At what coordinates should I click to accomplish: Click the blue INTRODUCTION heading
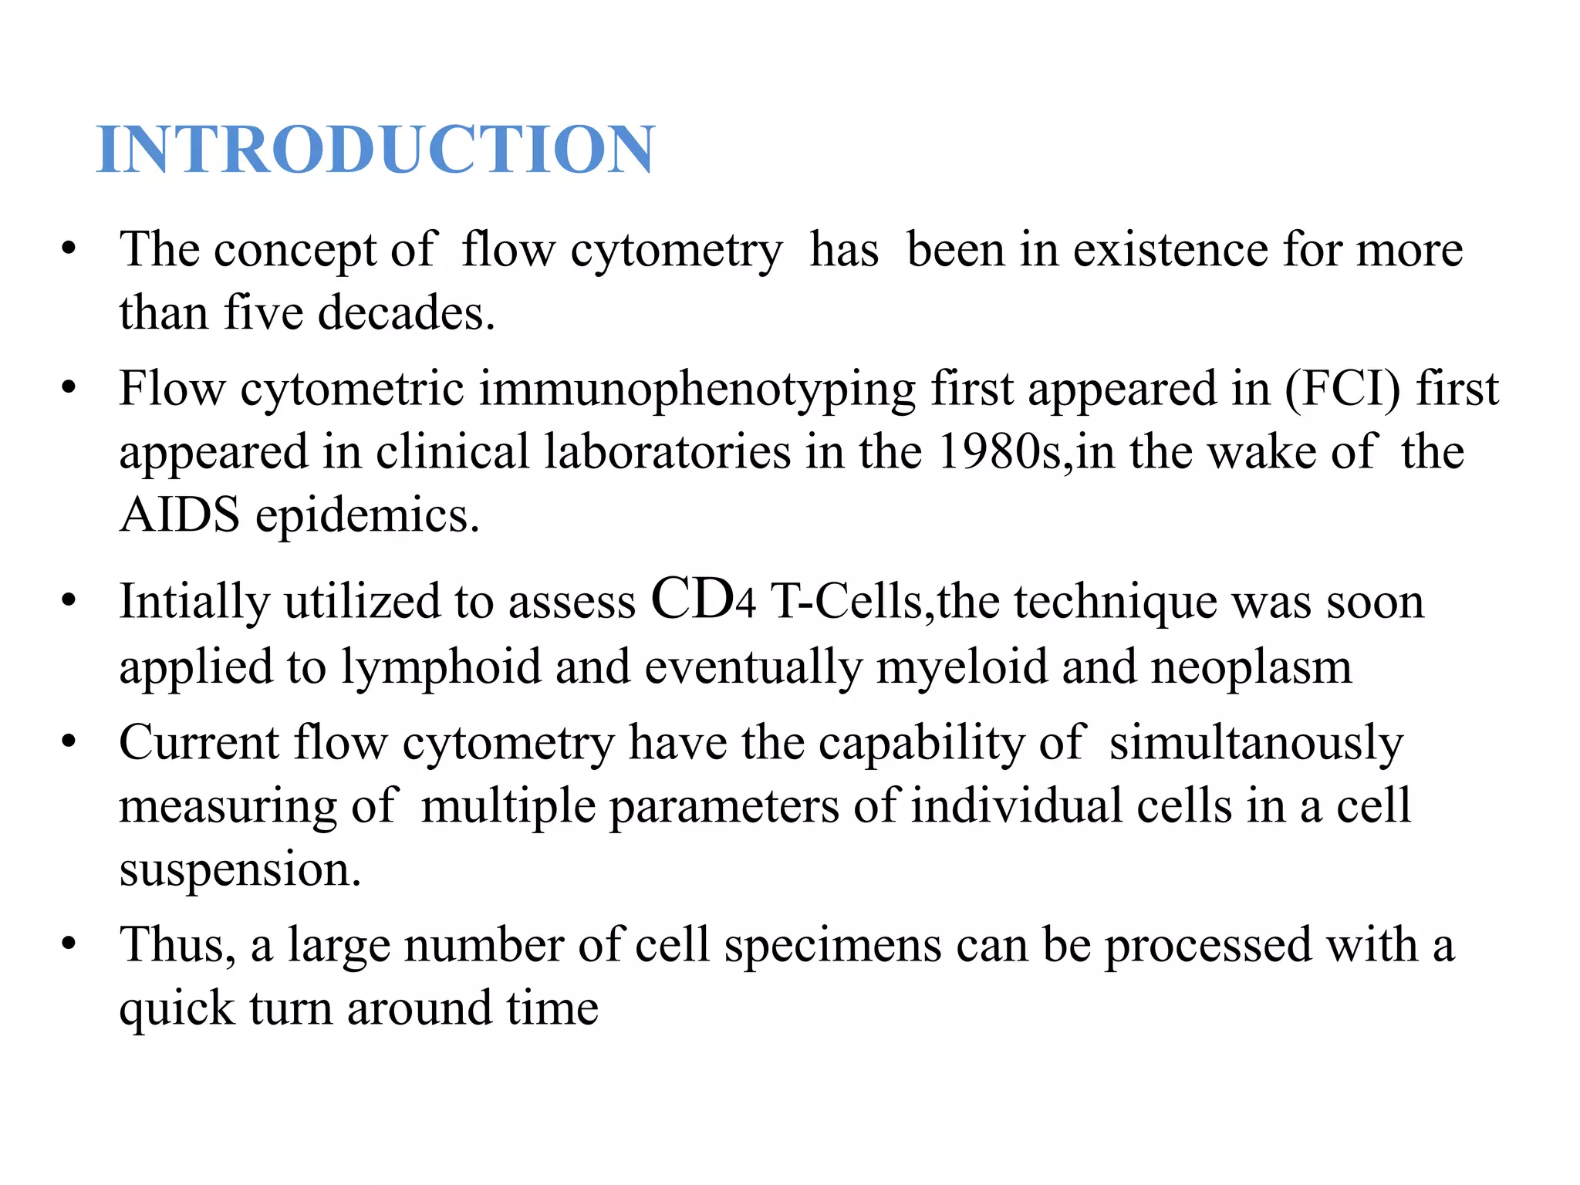pos(376,150)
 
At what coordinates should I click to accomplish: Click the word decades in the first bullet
pos(406,313)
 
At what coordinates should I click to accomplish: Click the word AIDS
pos(180,515)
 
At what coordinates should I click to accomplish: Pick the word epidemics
pos(367,516)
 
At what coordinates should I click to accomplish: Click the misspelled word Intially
pos(194,603)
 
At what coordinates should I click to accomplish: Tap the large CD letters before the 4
pos(692,599)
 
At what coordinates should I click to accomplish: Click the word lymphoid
pos(441,667)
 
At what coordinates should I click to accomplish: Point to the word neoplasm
pos(1251,667)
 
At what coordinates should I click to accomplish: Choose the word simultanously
pos(1257,744)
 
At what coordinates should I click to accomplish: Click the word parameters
pos(724,807)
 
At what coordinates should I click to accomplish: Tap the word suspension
pos(239,870)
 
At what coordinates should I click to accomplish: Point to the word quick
pos(177,1009)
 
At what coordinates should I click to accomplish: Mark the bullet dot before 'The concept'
pos(69,249)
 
